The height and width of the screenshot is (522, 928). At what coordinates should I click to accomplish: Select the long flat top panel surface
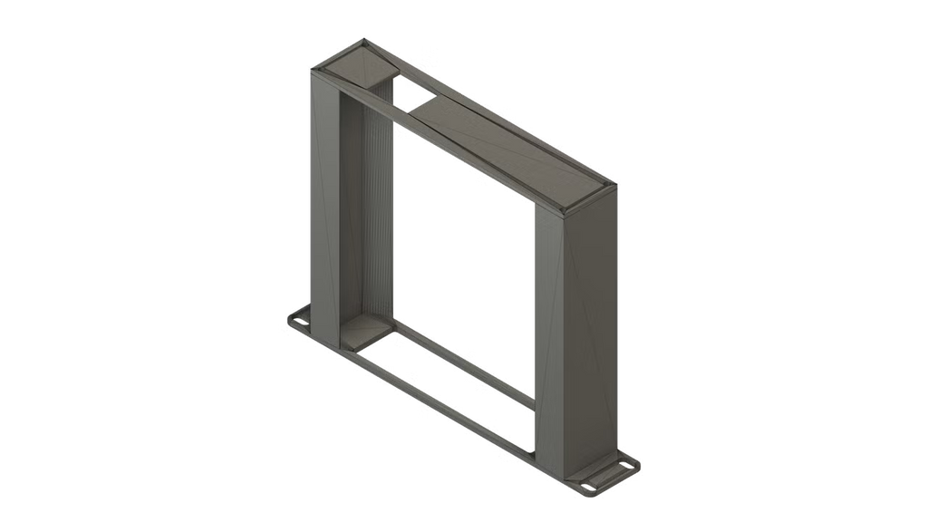pos(507,145)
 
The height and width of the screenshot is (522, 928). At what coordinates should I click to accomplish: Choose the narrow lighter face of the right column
pos(549,335)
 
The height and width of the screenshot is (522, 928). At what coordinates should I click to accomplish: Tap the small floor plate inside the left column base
pos(362,335)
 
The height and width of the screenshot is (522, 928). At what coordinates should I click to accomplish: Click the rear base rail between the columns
pos(462,362)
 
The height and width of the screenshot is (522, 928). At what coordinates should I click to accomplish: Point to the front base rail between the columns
pos(435,399)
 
